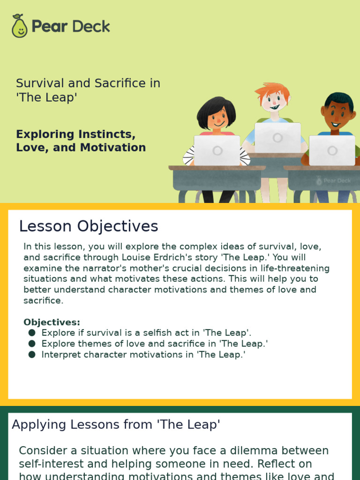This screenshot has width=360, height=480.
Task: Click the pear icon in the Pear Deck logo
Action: click(19, 26)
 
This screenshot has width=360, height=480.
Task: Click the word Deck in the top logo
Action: click(90, 26)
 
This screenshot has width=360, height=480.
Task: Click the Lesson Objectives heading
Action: click(89, 226)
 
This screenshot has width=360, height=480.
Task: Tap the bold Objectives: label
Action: click(52, 322)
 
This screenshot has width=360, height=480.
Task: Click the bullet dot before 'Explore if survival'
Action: click(32, 333)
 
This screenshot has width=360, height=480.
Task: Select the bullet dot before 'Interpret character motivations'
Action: click(32, 354)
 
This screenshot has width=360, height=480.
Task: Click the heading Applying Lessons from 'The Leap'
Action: click(116, 425)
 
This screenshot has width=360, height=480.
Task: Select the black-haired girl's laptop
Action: click(217, 150)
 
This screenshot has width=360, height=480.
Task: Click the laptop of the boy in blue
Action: click(332, 150)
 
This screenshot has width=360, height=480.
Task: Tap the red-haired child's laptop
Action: click(277, 137)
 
